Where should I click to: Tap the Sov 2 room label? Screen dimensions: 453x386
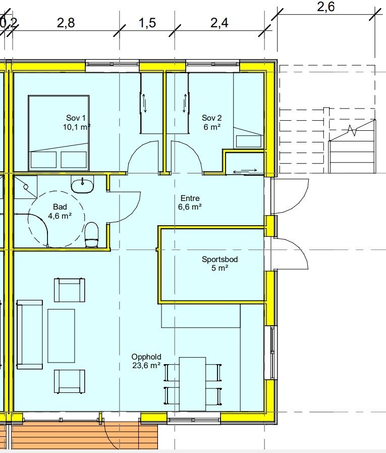pos(212,122)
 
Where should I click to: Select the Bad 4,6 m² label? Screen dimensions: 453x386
pos(60,211)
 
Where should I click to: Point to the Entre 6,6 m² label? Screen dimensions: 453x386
pos(190,203)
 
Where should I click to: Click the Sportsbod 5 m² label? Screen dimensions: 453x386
pos(219,264)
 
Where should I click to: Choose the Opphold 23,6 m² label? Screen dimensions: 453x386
pos(146,361)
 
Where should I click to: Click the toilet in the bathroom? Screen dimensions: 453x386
pos(92,235)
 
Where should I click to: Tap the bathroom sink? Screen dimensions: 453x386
pos(82,185)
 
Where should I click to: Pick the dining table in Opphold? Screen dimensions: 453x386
pos(192,384)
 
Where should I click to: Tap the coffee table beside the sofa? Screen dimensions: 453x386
pos(61,335)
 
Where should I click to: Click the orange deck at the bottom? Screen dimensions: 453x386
pos(83,435)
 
